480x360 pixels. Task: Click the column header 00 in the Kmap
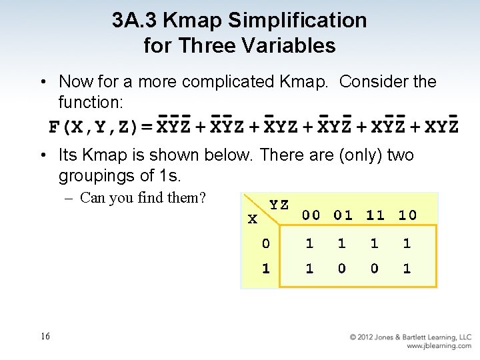click(x=311, y=215)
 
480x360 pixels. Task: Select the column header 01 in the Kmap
click(x=343, y=215)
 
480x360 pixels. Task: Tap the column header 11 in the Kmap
click(x=375, y=215)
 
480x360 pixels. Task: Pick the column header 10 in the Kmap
click(x=407, y=215)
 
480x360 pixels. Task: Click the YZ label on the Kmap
click(x=279, y=204)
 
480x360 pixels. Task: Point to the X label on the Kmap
click(x=251, y=219)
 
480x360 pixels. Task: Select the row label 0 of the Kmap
click(x=266, y=244)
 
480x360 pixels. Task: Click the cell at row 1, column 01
click(x=342, y=269)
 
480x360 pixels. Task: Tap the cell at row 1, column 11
click(x=375, y=269)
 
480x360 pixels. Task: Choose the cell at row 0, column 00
click(x=309, y=244)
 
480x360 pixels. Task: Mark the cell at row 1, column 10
click(x=407, y=269)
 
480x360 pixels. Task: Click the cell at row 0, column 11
click(x=375, y=244)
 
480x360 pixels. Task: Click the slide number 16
click(x=45, y=337)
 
